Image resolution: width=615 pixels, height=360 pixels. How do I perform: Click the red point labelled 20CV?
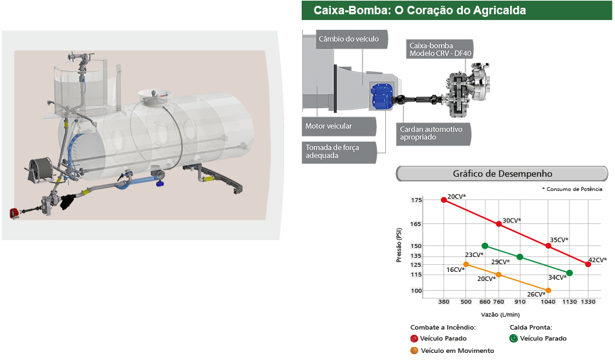[444, 200]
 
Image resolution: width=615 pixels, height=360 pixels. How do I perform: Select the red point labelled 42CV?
[588, 264]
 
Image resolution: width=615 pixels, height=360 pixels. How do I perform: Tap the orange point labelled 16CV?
[466, 264]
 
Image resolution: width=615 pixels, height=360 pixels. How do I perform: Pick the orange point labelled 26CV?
[549, 290]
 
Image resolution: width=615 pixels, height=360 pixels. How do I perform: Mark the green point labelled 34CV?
[570, 273]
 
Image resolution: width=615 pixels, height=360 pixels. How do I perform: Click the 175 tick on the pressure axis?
[416, 201]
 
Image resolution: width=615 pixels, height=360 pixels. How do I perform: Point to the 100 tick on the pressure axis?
[416, 291]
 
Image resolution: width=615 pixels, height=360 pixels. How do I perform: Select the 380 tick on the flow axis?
[444, 302]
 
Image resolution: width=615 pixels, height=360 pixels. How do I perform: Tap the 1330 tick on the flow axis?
[588, 302]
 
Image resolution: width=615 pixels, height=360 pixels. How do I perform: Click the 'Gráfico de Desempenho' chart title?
[502, 174]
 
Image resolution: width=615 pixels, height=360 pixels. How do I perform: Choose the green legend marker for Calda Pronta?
[514, 338]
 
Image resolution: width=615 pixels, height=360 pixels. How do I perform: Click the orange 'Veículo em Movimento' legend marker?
[414, 350]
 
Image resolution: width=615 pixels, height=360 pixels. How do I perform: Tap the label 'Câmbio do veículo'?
[348, 39]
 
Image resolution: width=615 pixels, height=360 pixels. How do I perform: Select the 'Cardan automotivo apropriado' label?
[431, 133]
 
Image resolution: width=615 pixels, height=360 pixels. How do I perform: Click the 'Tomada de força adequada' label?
[333, 151]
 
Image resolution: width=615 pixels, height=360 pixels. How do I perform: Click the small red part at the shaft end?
[13, 213]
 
